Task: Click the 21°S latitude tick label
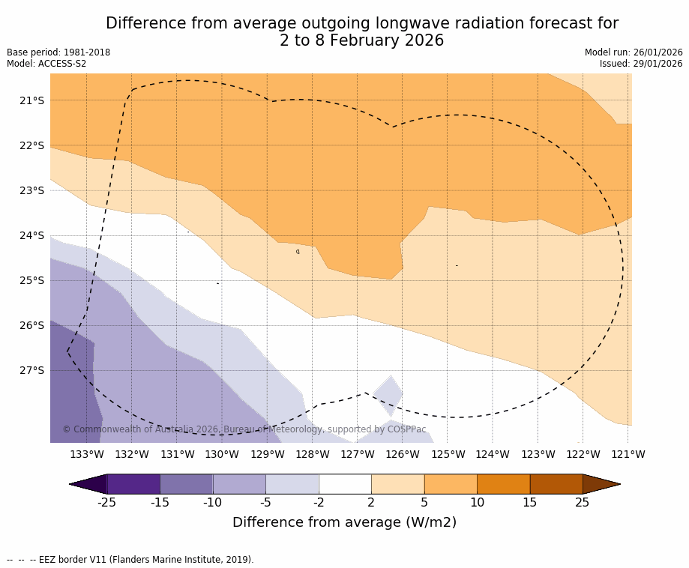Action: pyautogui.click(x=31, y=100)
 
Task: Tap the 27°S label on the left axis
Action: pyautogui.click(x=31, y=370)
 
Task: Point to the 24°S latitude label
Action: pyautogui.click(x=31, y=235)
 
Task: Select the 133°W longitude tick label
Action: pyautogui.click(x=87, y=454)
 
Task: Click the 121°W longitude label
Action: pyautogui.click(x=628, y=454)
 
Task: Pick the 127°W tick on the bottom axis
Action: pyautogui.click(x=358, y=454)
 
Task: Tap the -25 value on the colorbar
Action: pyautogui.click(x=107, y=502)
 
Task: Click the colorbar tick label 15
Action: pyautogui.click(x=529, y=502)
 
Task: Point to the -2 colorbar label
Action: pyautogui.click(x=319, y=502)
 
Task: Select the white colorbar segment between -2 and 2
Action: pyautogui.click(x=345, y=484)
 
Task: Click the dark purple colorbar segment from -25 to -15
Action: pyautogui.click(x=133, y=484)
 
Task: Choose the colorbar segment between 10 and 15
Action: pyautogui.click(x=503, y=484)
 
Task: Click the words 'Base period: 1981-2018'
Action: pyautogui.click(x=58, y=52)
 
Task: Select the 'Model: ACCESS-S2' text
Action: pyautogui.click(x=46, y=64)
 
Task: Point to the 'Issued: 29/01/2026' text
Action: pyautogui.click(x=641, y=64)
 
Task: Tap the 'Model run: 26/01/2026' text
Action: pyautogui.click(x=634, y=52)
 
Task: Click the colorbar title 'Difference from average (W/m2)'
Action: pyautogui.click(x=344, y=522)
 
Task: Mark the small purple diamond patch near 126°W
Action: pyautogui.click(x=389, y=395)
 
